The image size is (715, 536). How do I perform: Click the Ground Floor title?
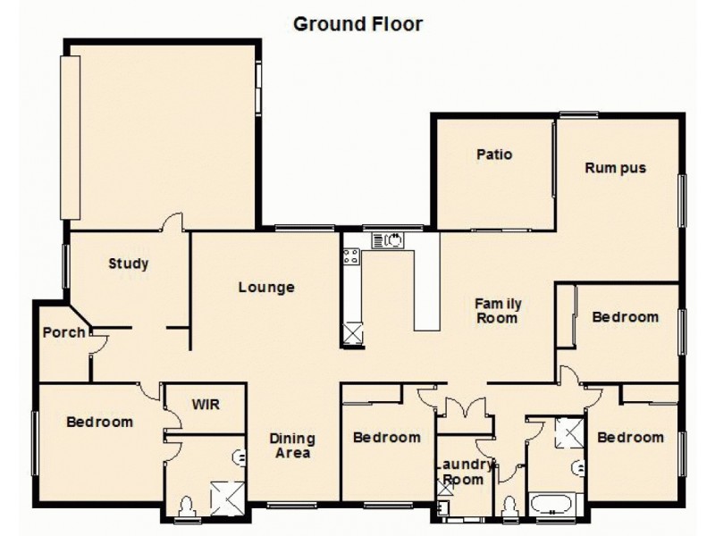click(x=357, y=24)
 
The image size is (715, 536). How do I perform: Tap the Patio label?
click(x=494, y=155)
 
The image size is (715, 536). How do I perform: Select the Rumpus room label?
click(x=615, y=168)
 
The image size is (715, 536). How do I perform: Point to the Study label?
click(x=129, y=264)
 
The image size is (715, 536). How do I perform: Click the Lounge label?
click(x=266, y=288)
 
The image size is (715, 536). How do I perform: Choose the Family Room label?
click(x=498, y=311)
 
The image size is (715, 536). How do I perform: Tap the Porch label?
click(x=63, y=333)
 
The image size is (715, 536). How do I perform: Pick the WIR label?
click(x=206, y=404)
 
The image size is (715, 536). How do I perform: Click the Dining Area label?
click(x=292, y=446)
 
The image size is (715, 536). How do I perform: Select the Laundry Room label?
click(x=463, y=473)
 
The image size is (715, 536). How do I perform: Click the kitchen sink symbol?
click(x=388, y=239)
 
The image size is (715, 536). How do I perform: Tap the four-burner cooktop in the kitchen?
click(x=350, y=257)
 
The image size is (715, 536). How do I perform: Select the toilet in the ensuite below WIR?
click(x=186, y=507)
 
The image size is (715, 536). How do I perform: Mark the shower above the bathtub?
click(x=568, y=431)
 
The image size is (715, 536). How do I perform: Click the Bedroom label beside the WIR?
click(x=99, y=422)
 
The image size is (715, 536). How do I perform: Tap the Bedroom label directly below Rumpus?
click(x=625, y=317)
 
